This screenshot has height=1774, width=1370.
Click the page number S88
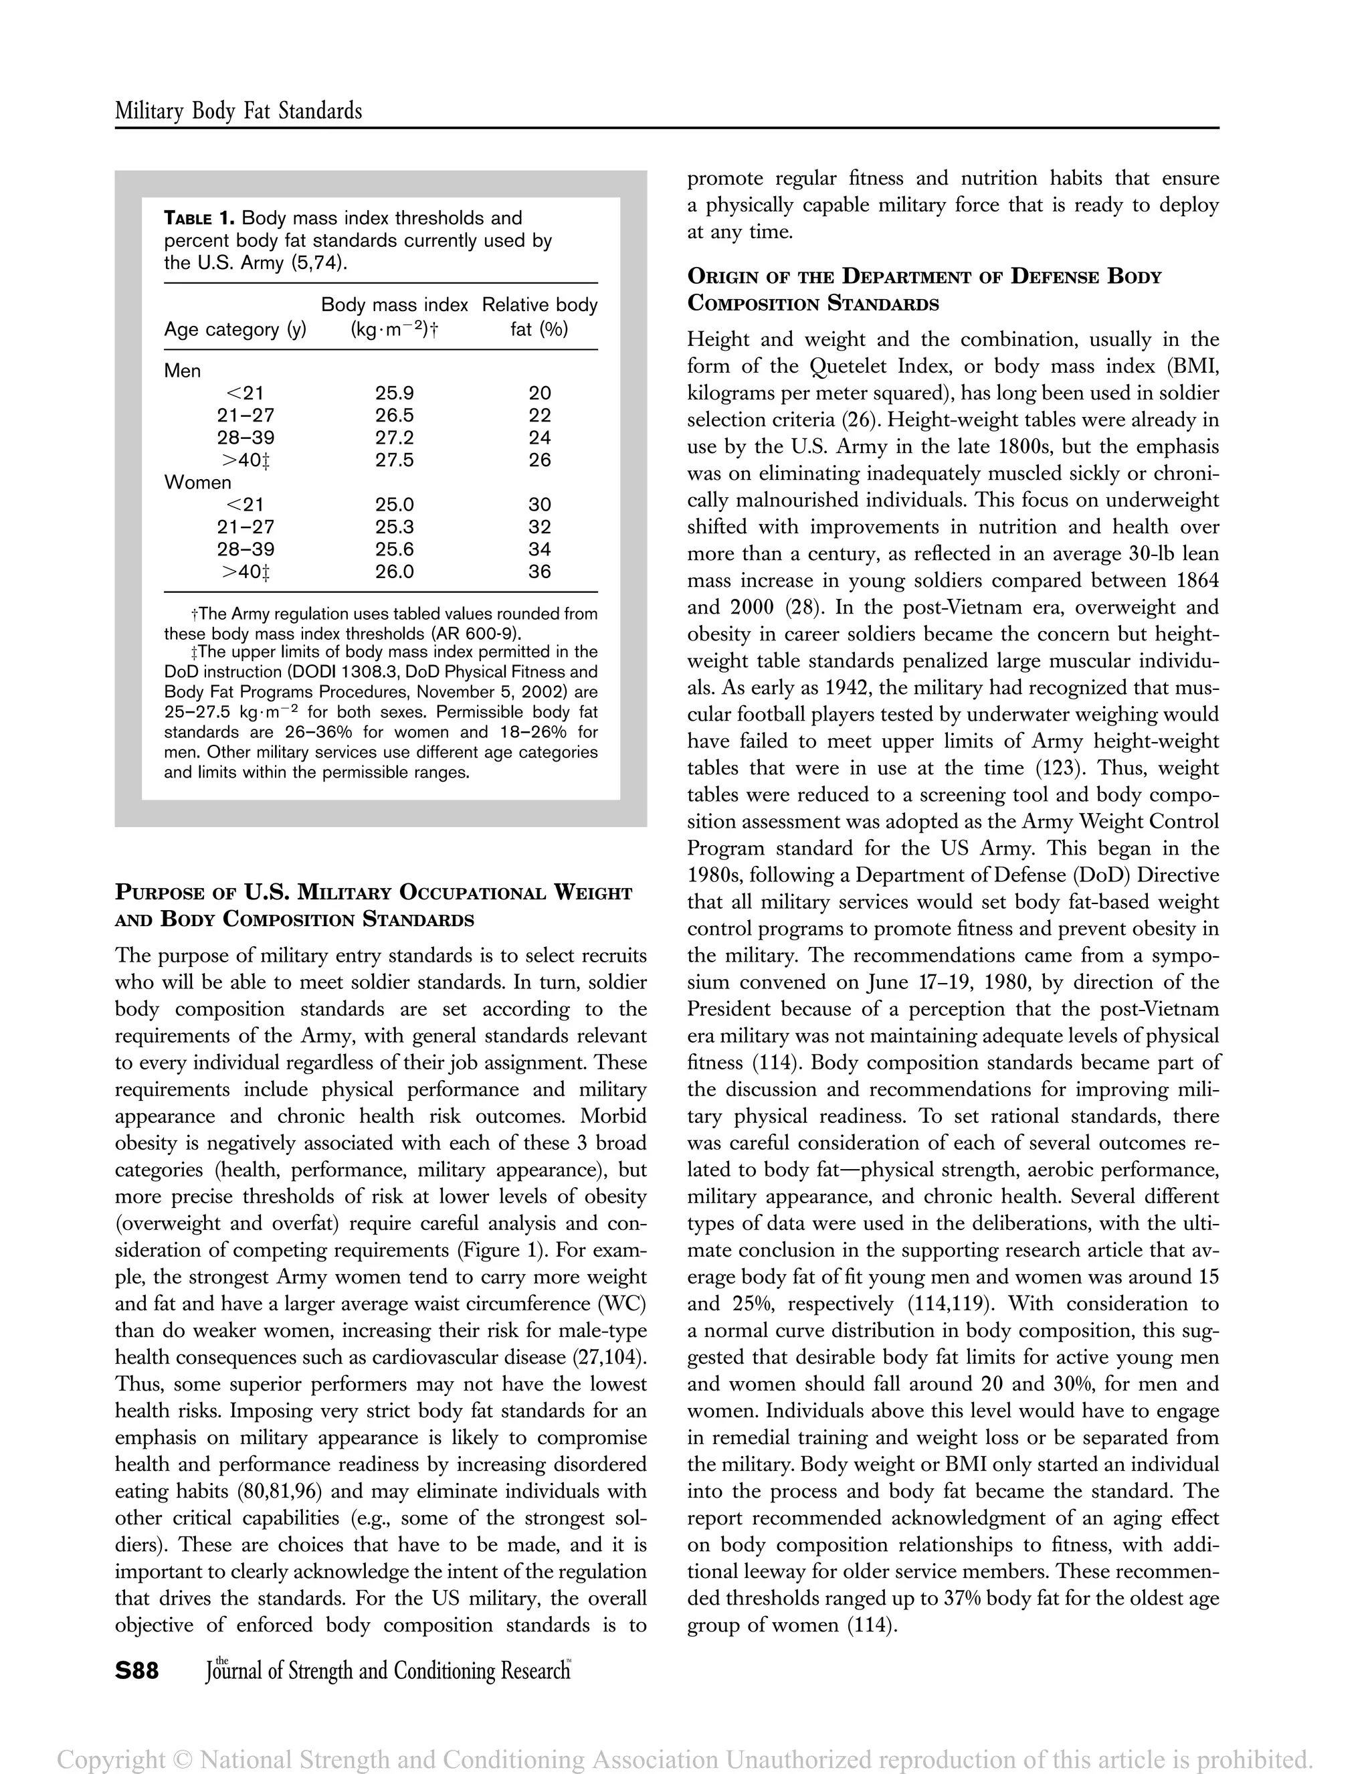pos(136,1671)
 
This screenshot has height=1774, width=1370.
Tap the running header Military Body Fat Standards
pos(238,110)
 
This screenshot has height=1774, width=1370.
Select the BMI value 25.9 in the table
pos(394,393)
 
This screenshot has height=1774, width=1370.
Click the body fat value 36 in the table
pos(539,572)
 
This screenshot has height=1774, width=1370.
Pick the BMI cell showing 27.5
pos(394,460)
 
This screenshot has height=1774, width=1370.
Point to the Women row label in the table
pos(197,482)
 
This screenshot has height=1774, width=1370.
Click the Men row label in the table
pos(182,371)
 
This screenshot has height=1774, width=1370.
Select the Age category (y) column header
pos(235,329)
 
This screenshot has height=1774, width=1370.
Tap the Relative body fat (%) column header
pos(539,317)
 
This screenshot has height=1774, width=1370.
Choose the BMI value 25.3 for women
pos(394,527)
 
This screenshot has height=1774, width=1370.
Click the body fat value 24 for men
pos(539,438)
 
